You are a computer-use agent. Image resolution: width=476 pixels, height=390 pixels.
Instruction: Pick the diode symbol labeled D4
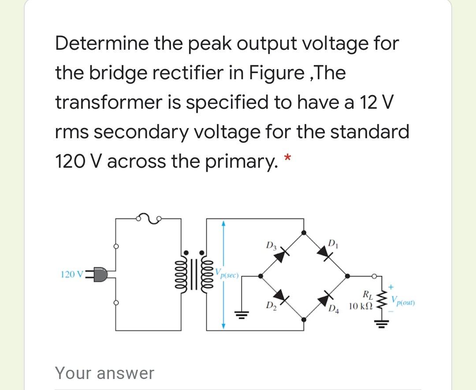click(x=326, y=296)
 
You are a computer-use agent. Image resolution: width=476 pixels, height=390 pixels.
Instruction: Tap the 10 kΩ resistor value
click(x=360, y=305)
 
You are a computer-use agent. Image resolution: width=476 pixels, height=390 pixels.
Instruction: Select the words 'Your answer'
click(x=104, y=373)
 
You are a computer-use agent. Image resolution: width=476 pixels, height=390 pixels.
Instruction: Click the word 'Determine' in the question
click(x=101, y=43)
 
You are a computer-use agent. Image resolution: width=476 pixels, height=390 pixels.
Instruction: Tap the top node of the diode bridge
click(x=304, y=232)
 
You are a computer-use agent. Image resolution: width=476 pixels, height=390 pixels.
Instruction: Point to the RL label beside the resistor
click(x=366, y=294)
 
